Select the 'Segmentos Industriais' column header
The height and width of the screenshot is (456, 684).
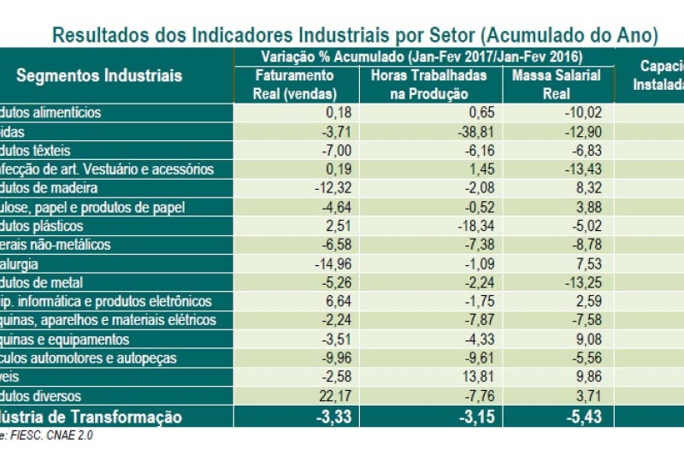click(99, 75)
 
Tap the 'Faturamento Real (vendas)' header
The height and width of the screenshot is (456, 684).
click(294, 85)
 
